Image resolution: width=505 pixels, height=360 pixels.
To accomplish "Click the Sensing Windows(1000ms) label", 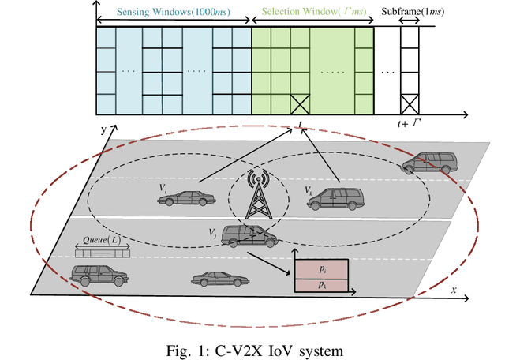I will pos(173,13).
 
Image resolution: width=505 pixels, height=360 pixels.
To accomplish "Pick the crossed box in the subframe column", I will pos(410,103).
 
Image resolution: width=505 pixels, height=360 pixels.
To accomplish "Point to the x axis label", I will pos(454,290).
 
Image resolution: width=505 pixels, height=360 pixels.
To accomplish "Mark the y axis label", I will pos(103,128).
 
